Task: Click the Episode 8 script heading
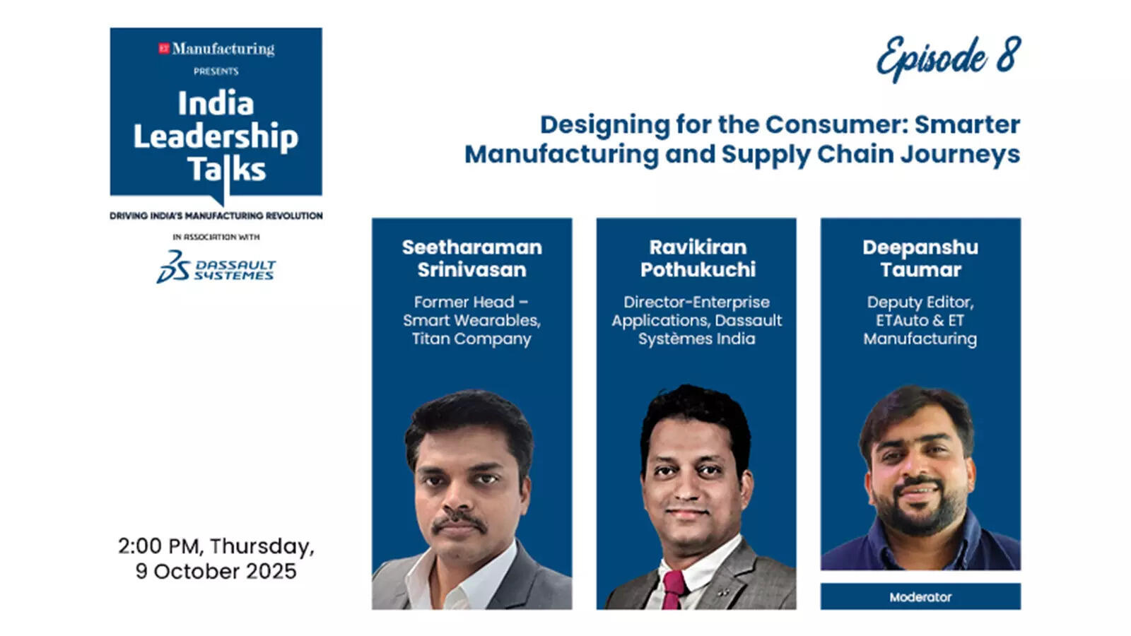pos(949,57)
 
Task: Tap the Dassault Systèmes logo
pos(216,267)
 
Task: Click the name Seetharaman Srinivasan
pos(471,258)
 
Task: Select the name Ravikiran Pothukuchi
pos(697,258)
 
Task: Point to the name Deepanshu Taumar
pos(920,258)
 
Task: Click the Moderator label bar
pos(920,597)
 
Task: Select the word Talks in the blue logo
pos(226,170)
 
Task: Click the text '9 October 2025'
pos(216,571)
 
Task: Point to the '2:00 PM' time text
pos(159,546)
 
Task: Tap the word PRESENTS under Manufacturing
pos(216,71)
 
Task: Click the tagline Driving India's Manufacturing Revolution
pos(216,216)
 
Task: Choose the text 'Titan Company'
pos(471,339)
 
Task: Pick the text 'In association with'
pos(216,237)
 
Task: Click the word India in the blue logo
pos(216,104)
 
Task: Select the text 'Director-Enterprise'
pos(696,302)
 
